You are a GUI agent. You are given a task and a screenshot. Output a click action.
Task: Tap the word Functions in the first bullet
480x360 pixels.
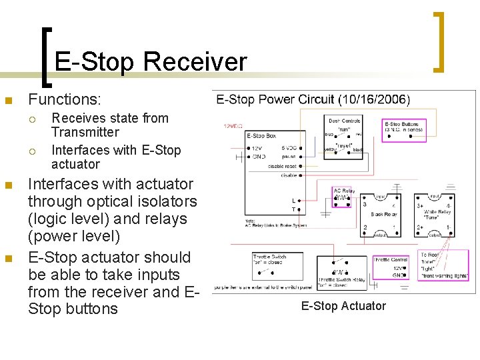(x=64, y=100)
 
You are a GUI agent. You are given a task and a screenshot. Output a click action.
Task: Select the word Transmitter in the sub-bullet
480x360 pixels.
(x=85, y=132)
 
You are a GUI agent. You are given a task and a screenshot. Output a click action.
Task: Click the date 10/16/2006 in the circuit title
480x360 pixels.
(x=374, y=99)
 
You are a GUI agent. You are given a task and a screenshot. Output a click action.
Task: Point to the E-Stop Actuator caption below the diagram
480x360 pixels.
(x=343, y=306)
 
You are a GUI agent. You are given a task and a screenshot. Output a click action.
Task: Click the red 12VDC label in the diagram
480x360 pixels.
(x=234, y=125)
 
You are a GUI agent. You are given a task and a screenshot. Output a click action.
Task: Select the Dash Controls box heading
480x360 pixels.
(x=344, y=121)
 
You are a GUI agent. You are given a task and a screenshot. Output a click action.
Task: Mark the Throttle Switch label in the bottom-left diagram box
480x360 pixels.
(x=269, y=256)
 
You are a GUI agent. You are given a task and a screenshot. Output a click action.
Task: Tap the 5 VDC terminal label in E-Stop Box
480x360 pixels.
(x=289, y=147)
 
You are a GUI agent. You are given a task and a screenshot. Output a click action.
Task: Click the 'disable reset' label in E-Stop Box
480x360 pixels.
(x=281, y=166)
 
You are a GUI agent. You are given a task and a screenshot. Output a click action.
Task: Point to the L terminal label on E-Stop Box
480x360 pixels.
(x=293, y=200)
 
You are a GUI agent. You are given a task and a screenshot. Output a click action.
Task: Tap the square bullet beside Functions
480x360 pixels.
(x=8, y=101)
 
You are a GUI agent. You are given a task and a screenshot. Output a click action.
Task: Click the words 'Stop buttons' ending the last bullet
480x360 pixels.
(x=73, y=309)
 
